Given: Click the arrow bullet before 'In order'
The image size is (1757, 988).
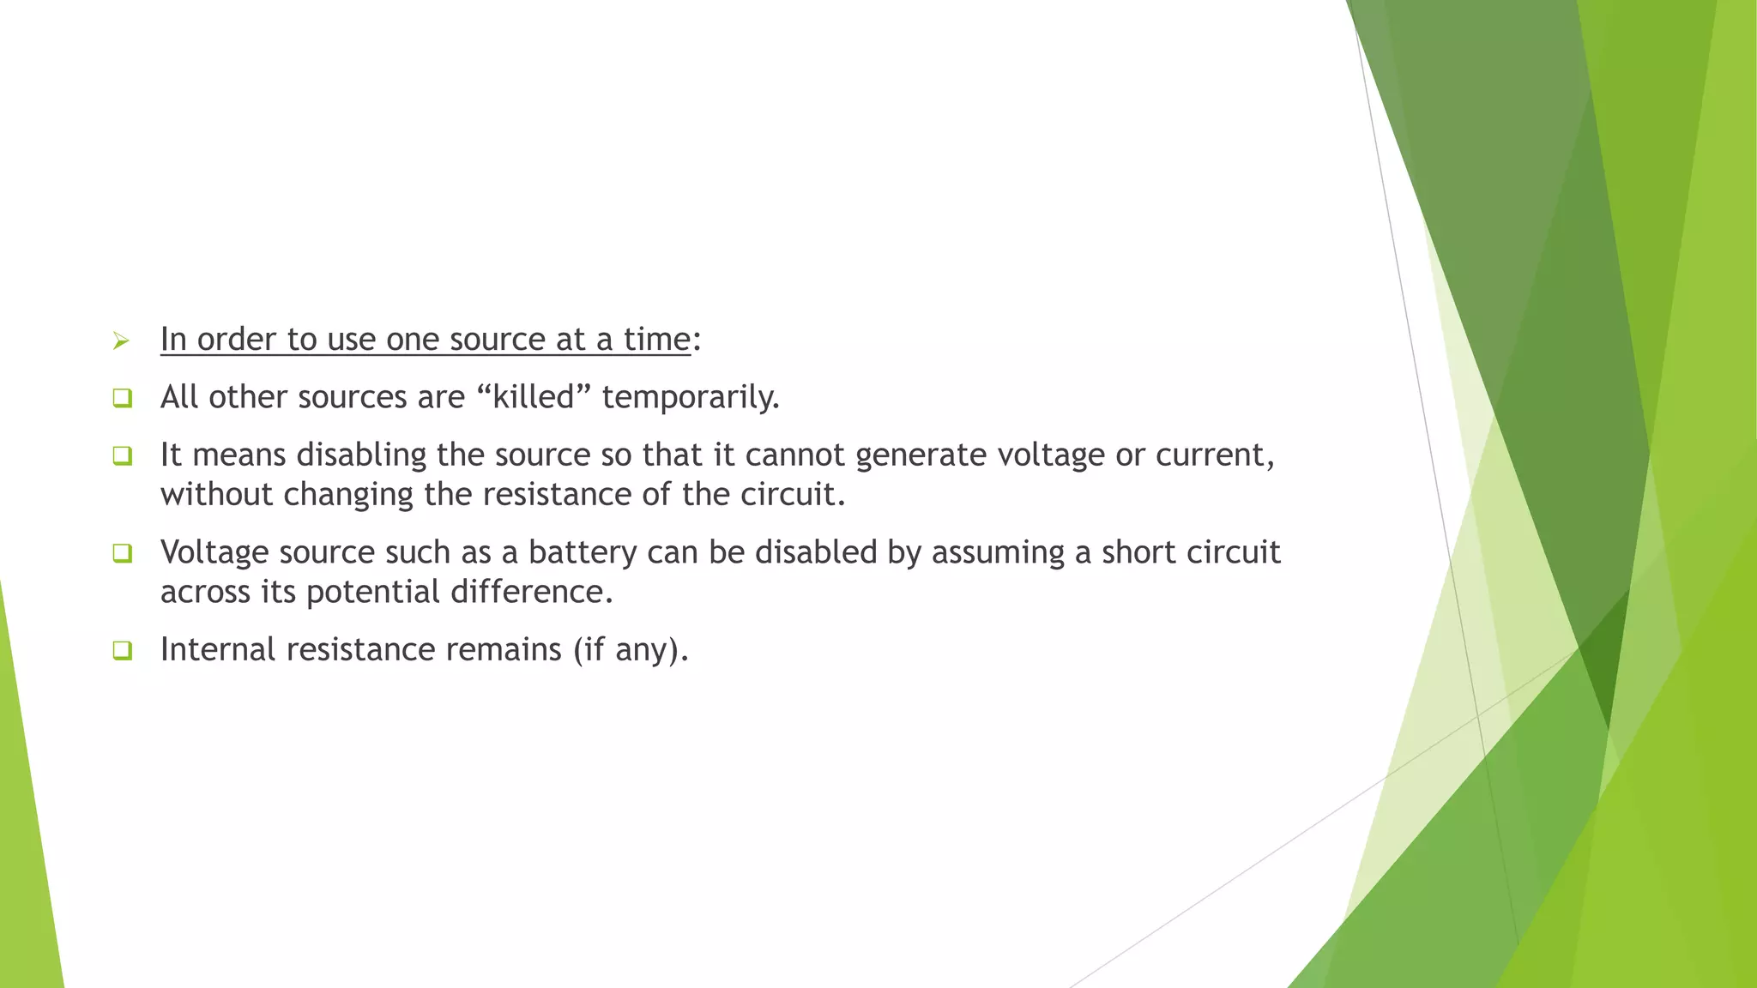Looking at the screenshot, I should [121, 341].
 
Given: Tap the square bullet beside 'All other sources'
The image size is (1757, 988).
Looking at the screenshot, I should [122, 398].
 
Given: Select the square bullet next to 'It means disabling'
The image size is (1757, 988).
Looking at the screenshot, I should [122, 455].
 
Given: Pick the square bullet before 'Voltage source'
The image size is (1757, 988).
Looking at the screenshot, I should [122, 553].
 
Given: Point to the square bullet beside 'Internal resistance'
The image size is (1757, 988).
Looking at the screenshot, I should [122, 650].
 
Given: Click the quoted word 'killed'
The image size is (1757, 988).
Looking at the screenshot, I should [533, 397].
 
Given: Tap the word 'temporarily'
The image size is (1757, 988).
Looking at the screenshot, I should [690, 398].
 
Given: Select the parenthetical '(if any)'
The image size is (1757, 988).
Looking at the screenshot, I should [631, 650].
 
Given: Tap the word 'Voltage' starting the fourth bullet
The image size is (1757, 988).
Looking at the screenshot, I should [214, 552].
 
